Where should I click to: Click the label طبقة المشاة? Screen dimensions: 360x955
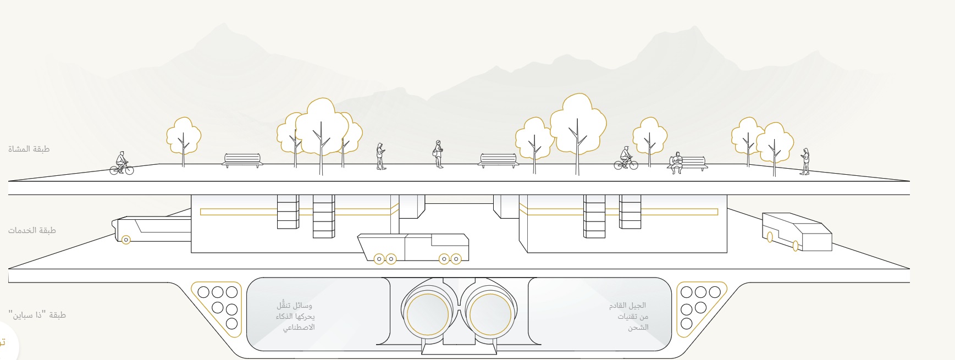tap(29, 149)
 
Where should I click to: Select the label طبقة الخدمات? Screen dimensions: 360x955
tap(32, 230)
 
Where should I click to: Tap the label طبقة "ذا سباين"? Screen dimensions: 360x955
tap(37, 315)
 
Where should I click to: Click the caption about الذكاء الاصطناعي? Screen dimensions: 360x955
tap(296, 317)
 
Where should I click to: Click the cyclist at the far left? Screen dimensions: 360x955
tap(122, 164)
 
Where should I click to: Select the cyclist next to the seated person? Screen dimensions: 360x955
tap(626, 158)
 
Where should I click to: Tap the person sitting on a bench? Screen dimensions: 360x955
tap(677, 163)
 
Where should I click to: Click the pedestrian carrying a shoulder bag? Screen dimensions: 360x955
tap(438, 153)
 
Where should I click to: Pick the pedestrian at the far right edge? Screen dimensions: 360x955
tap(805, 161)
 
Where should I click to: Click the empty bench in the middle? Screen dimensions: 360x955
tap(498, 160)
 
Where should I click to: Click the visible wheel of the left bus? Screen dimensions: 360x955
tap(126, 240)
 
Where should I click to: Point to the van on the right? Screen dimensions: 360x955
tap(796, 231)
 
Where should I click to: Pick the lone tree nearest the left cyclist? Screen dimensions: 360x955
tap(184, 136)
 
